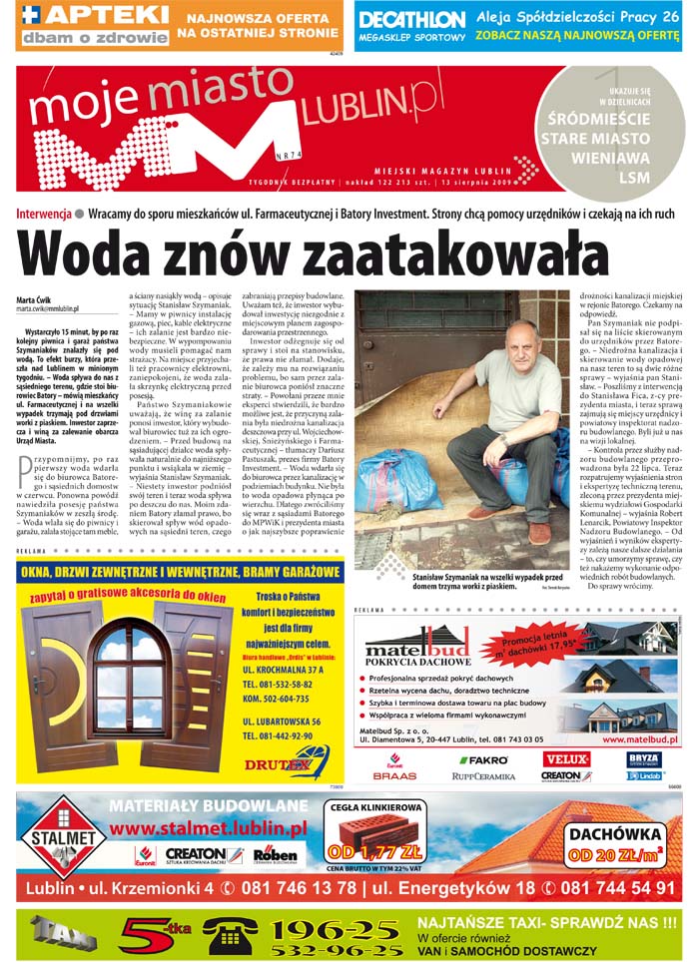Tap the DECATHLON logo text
pos(411,20)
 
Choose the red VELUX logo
pos(566,759)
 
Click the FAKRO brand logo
pos(483,760)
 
